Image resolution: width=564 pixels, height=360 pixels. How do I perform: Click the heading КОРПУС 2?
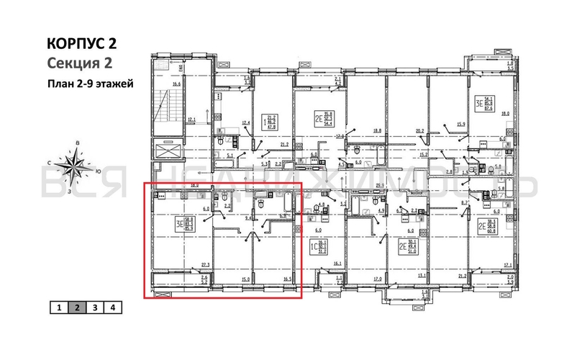pyautogui.click(x=81, y=43)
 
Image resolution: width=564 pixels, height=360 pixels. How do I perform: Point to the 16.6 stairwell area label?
pyautogui.click(x=176, y=85)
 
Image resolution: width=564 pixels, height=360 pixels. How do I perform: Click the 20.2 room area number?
pyautogui.click(x=419, y=131)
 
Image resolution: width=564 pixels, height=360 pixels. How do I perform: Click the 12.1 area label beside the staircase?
pyautogui.click(x=191, y=120)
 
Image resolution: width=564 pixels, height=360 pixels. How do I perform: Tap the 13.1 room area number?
pyautogui.click(x=422, y=275)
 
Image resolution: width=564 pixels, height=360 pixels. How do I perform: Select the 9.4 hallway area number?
pyautogui.click(x=249, y=216)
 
